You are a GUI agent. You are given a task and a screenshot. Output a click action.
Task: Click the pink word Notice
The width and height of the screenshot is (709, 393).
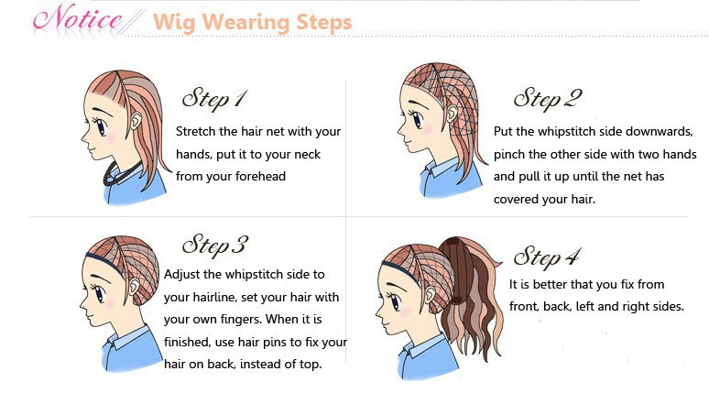point(77,19)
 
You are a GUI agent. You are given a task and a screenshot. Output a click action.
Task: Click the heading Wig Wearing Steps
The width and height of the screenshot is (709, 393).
point(252,22)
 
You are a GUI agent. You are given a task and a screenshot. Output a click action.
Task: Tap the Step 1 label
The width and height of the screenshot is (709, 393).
point(213,99)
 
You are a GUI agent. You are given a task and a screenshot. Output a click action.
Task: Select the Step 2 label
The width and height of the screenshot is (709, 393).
point(548,99)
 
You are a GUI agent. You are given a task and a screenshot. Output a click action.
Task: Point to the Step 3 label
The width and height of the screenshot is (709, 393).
point(214,246)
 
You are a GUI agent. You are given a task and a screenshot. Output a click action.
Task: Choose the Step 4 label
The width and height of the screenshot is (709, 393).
point(547,257)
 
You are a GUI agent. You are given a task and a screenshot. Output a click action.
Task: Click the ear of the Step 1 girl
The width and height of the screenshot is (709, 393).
point(136,119)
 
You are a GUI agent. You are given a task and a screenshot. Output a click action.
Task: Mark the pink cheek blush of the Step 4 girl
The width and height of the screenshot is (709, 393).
point(405,311)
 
